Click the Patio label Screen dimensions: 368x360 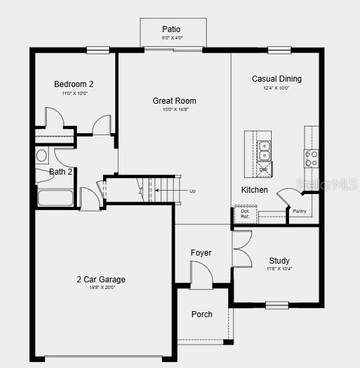click(x=171, y=29)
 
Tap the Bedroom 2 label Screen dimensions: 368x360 click(x=74, y=84)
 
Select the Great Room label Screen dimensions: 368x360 click(x=174, y=101)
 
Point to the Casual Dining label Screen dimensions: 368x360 click(x=276, y=79)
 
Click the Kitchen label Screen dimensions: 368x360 click(x=254, y=190)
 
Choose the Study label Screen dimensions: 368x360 click(x=279, y=261)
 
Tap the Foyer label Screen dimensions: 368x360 click(x=201, y=253)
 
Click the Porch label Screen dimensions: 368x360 click(x=201, y=314)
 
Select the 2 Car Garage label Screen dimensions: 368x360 click(x=100, y=280)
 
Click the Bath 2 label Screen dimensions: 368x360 click(x=61, y=172)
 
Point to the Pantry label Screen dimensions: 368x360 click(x=299, y=211)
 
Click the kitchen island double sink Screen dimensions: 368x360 click(x=264, y=151)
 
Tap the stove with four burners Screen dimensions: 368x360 click(x=311, y=158)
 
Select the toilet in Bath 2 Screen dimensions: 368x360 click(x=41, y=156)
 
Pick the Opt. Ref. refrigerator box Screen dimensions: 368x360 click(x=246, y=214)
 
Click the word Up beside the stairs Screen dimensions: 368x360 click(x=193, y=191)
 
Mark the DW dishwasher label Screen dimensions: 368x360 click(x=263, y=170)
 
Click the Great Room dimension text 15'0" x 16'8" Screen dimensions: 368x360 click(x=174, y=110)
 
